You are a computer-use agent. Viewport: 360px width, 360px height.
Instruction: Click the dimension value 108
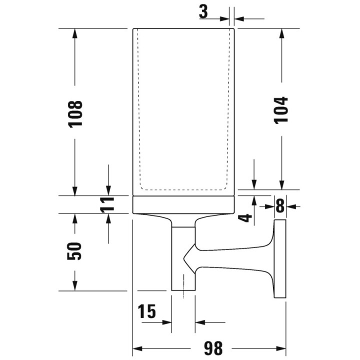75,114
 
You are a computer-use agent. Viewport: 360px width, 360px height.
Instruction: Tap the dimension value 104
281,110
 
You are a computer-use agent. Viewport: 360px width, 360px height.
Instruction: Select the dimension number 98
213,348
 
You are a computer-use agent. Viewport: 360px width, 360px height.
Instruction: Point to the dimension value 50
74,251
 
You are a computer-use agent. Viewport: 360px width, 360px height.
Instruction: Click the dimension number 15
146,311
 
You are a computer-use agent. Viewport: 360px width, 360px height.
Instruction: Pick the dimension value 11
107,204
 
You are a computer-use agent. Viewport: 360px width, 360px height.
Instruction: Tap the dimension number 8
280,205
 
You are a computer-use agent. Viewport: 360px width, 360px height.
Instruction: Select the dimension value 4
245,218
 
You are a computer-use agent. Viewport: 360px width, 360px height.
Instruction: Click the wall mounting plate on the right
280,259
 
